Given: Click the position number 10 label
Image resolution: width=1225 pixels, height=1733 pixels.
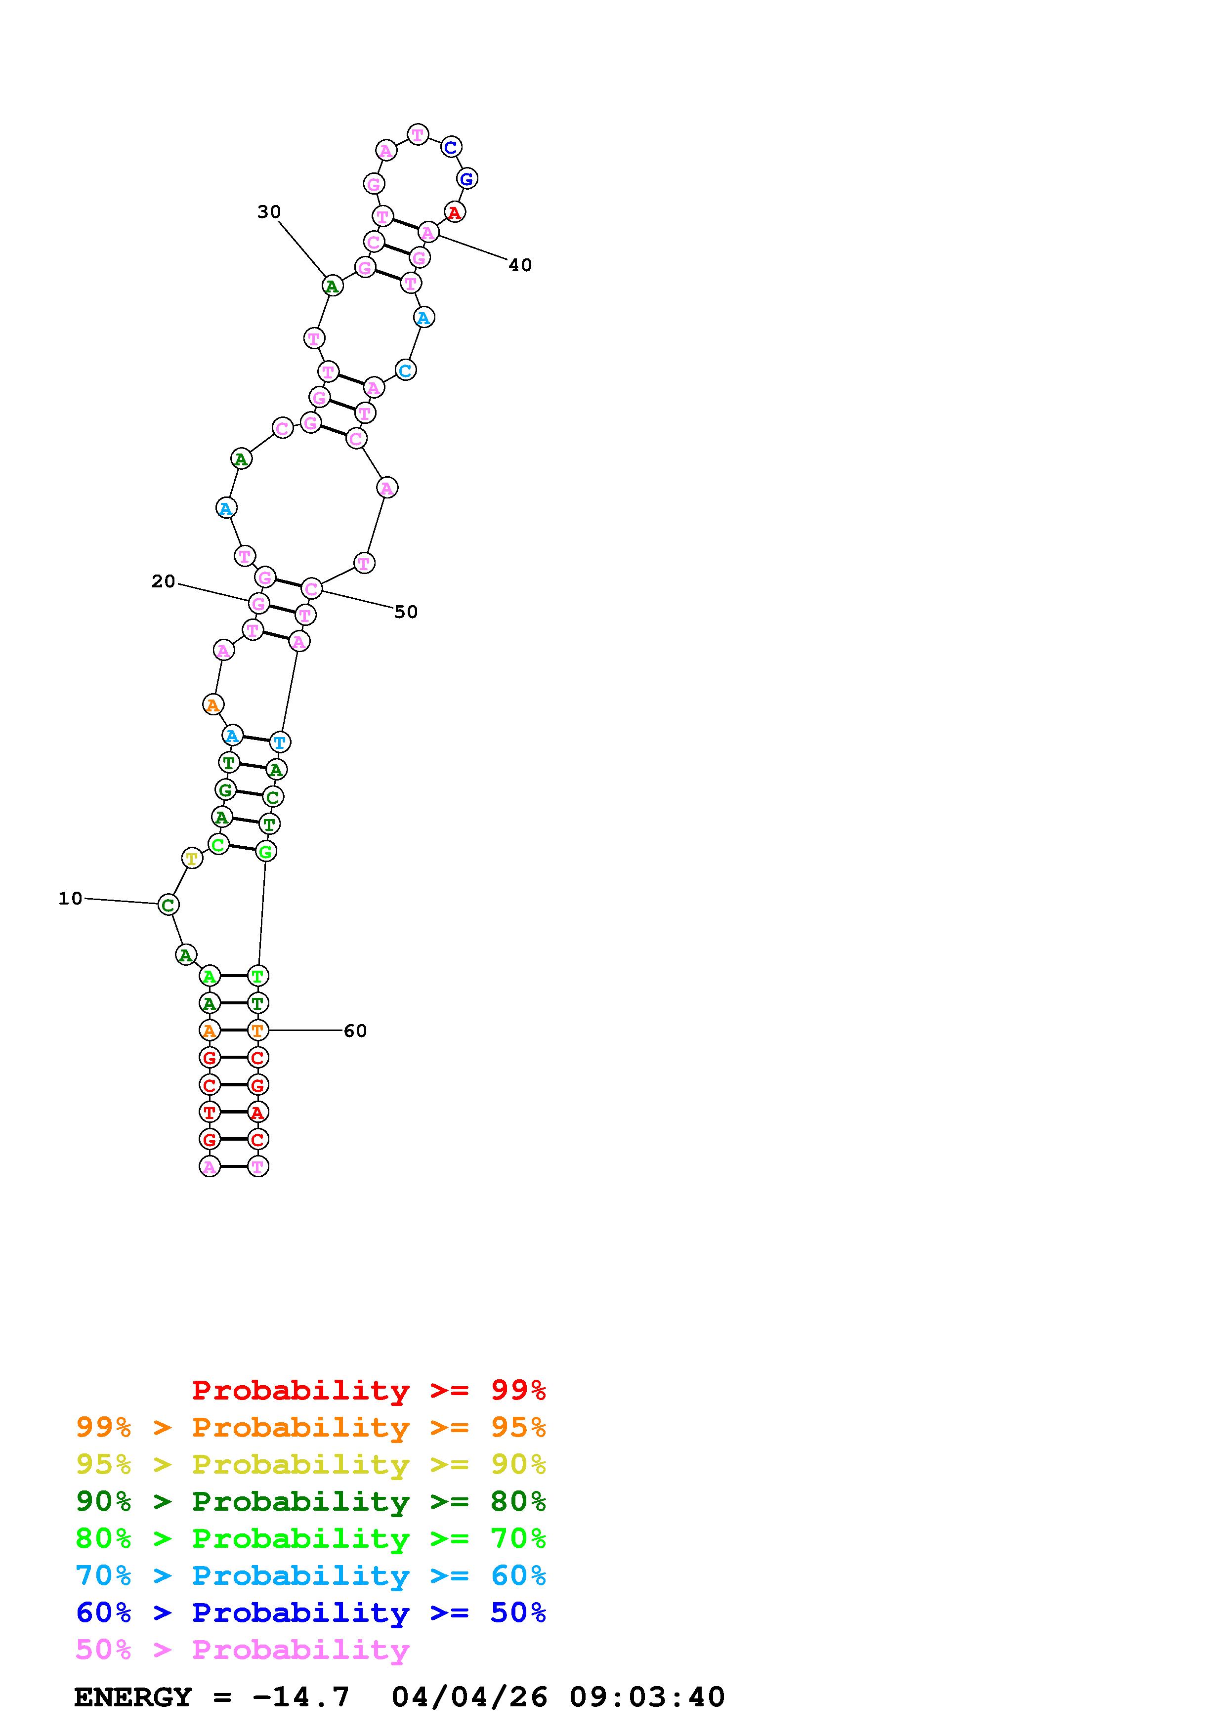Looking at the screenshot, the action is [70, 898].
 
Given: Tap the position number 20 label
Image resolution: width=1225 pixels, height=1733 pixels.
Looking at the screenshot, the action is [163, 581].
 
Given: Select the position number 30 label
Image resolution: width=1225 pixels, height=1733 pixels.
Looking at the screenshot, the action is [269, 212].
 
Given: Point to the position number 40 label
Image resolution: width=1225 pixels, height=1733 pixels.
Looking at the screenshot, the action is [520, 265].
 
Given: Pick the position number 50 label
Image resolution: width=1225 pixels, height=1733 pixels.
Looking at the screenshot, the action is [406, 612].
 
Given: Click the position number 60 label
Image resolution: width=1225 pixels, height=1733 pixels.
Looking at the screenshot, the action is [355, 1031].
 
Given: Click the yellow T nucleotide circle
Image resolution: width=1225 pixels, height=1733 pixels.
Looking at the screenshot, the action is [192, 858].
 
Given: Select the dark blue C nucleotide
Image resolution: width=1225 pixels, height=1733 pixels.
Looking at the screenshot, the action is [451, 147].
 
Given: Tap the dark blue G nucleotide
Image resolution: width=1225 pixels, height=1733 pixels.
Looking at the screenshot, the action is [466, 179].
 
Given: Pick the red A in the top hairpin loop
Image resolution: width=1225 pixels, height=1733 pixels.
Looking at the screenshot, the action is [454, 213].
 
